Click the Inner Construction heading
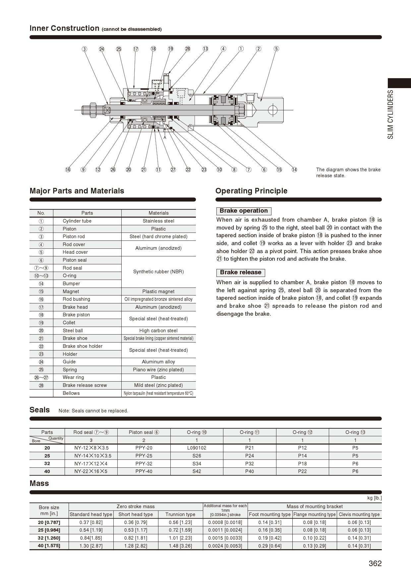point(64,28)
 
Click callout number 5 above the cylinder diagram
point(276,49)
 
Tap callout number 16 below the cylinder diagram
point(68,170)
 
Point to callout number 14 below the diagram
point(294,170)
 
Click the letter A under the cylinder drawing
point(165,137)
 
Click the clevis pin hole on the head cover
point(273,110)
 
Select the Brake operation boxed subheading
point(244,211)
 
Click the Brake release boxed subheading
point(241,273)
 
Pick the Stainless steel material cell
point(158,221)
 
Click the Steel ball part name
point(73,331)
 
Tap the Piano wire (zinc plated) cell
point(158,370)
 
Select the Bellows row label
point(71,393)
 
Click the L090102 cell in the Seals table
point(197,448)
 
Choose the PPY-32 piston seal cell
point(144,463)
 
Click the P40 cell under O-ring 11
point(249,471)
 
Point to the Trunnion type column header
point(180,514)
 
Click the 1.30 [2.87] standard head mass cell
point(91,546)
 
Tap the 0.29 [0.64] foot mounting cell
point(270,546)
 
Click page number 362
point(375,563)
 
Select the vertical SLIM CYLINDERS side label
point(391,114)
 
